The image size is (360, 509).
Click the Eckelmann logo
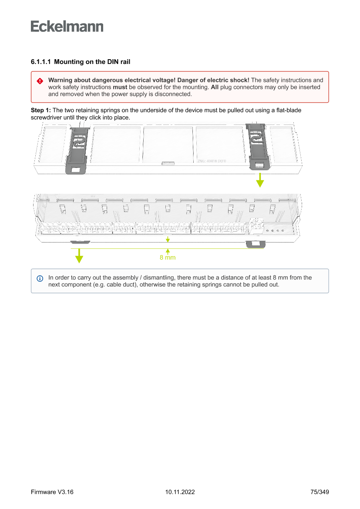tap(67, 26)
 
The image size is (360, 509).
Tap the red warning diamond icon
tap(40, 81)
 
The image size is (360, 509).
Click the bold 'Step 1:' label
tap(40, 111)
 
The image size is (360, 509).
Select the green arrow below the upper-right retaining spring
tap(260, 180)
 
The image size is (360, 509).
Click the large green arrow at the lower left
tap(79, 256)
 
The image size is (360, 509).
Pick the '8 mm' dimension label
tap(168, 258)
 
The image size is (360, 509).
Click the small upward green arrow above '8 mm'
tap(168, 251)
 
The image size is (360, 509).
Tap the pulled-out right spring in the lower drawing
tap(255, 244)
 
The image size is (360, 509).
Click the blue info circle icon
tap(40, 278)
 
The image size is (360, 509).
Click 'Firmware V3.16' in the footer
tap(52, 492)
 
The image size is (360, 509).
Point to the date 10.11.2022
tap(180, 492)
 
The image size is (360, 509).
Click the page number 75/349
tap(320, 492)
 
